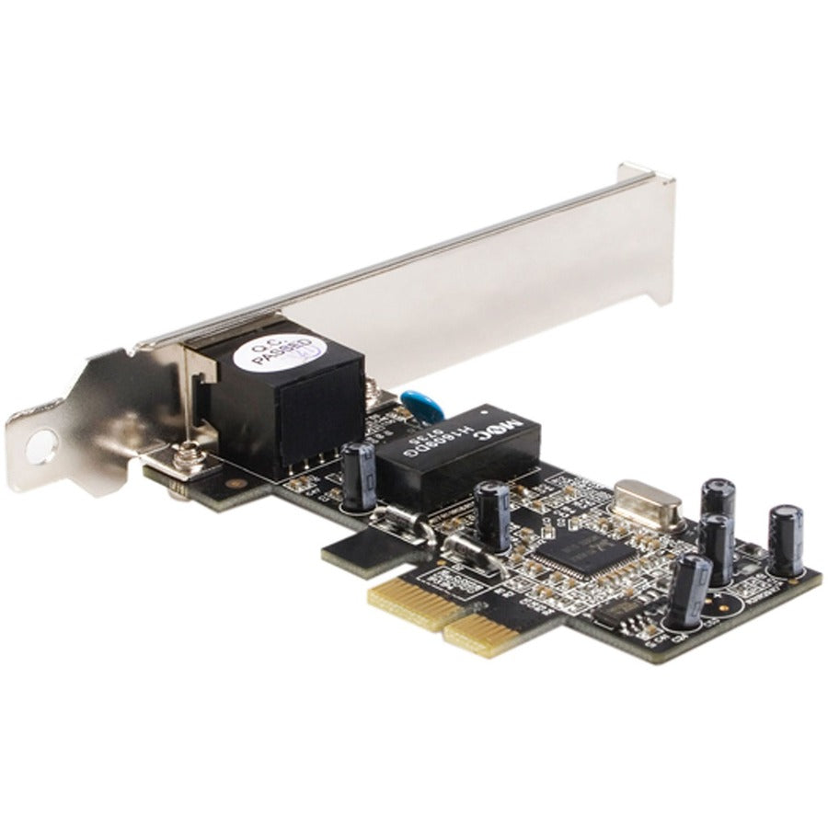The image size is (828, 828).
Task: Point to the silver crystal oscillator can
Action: (x=648, y=502)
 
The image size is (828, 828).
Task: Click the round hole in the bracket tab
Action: (x=40, y=448)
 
